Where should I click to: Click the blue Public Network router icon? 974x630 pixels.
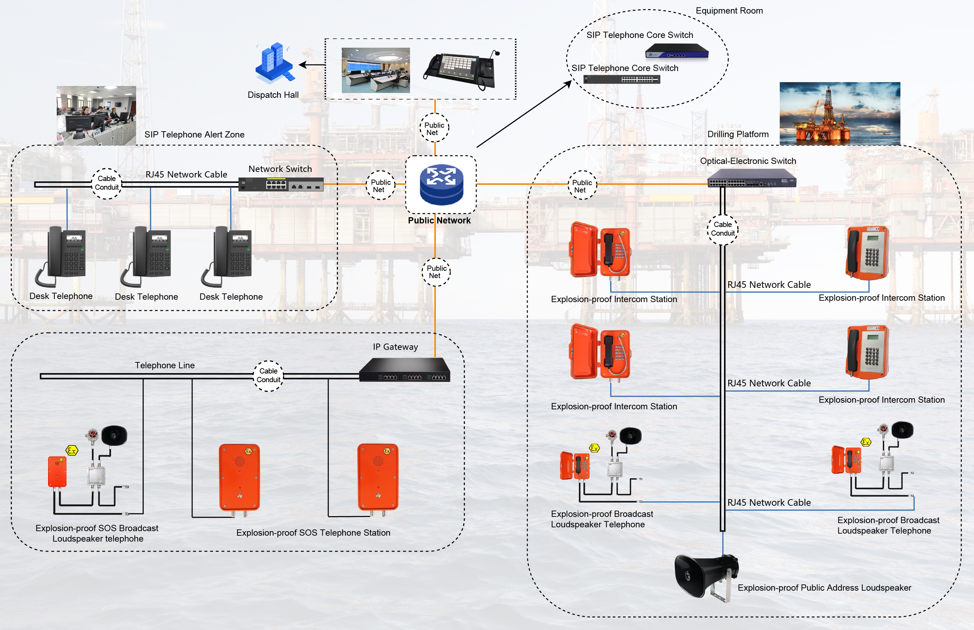pos(441,184)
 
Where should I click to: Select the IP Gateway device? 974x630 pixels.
pos(404,370)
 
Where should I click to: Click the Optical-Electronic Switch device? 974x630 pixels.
pos(752,178)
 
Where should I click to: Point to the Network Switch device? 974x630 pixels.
pos(281,184)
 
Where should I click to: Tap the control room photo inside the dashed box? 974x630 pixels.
pos(376,70)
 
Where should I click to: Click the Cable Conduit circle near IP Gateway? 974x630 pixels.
pos(268,376)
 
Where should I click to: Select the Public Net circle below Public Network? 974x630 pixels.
pos(436,271)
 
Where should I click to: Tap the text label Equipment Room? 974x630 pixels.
pos(729,11)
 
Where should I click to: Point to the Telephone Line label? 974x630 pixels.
pos(165,365)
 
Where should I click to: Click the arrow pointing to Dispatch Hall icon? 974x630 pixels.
pos(312,65)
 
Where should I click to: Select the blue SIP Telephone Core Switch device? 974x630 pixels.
pos(677,52)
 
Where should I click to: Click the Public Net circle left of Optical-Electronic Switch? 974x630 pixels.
pos(582,186)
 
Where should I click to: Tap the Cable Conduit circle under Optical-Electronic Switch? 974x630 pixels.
pos(722,229)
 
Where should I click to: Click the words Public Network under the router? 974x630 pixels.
pos(439,221)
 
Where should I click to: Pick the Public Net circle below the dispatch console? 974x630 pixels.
pos(434,128)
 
